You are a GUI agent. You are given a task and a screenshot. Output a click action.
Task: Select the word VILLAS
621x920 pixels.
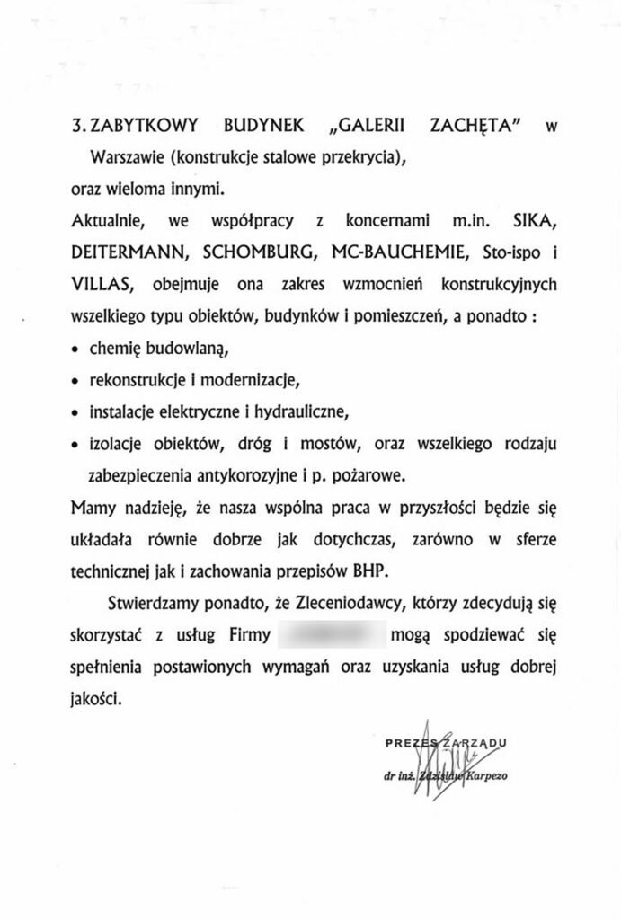point(101,284)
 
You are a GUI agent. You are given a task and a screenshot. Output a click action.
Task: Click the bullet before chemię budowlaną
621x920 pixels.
point(75,348)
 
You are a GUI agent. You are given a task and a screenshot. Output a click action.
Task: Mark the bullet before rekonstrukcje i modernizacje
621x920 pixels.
point(75,380)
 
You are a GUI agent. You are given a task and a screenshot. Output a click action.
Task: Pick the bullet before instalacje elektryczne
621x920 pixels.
point(75,412)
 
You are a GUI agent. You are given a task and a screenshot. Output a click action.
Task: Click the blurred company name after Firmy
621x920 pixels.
point(332,633)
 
